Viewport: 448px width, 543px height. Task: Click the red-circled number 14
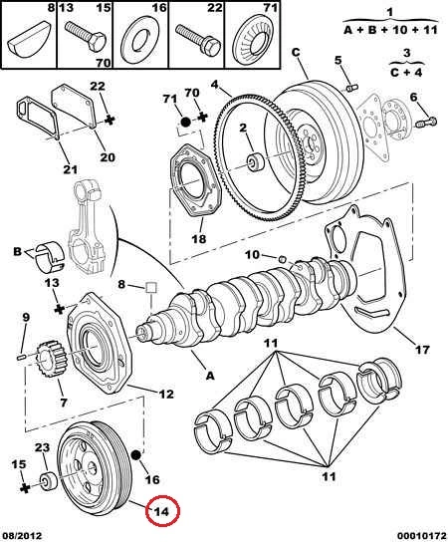coord(162,511)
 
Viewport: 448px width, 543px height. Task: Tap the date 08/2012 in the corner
coord(22,536)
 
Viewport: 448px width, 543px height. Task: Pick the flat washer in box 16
coord(139,42)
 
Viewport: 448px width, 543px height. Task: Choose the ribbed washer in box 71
coord(254,41)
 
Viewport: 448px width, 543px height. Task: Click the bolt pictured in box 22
coord(198,39)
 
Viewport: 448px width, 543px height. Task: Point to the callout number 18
coord(199,238)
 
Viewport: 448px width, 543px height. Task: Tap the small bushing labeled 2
coord(255,161)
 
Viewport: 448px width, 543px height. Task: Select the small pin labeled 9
coord(22,357)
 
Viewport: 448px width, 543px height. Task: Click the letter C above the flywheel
coord(296,53)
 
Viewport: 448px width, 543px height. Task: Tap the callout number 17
coord(422,350)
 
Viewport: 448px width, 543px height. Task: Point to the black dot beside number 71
coord(186,122)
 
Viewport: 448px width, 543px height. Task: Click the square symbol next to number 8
coord(151,287)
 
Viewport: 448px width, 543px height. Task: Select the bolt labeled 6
coord(426,122)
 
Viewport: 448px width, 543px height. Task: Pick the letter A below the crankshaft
coord(210,375)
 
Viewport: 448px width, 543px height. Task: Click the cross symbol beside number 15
coord(24,488)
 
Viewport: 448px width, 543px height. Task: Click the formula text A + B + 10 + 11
coord(391,30)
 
